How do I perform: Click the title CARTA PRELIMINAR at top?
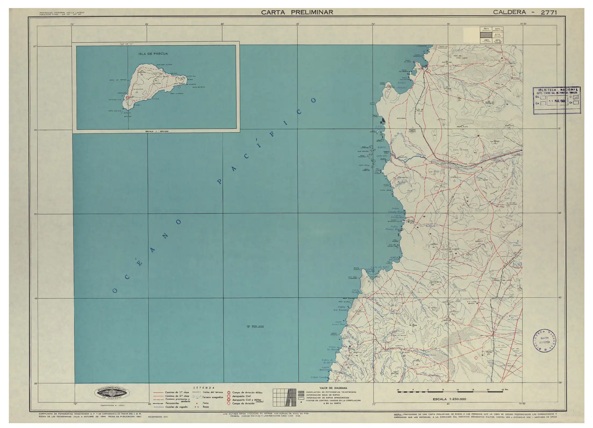pos(297,12)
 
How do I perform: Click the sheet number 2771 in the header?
pos(549,12)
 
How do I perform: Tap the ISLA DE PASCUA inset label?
pos(153,54)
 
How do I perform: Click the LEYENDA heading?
pos(204,388)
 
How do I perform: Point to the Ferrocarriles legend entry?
pos(172,403)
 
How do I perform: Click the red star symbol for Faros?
pos(197,403)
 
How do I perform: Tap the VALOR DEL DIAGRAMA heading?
pos(333,388)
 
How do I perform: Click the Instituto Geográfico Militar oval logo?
pos(113,394)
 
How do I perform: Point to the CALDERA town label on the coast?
pos(418,69)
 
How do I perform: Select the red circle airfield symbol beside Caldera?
pos(429,71)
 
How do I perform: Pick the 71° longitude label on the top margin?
pos(373,24)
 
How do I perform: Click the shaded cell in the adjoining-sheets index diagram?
pos(486,35)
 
